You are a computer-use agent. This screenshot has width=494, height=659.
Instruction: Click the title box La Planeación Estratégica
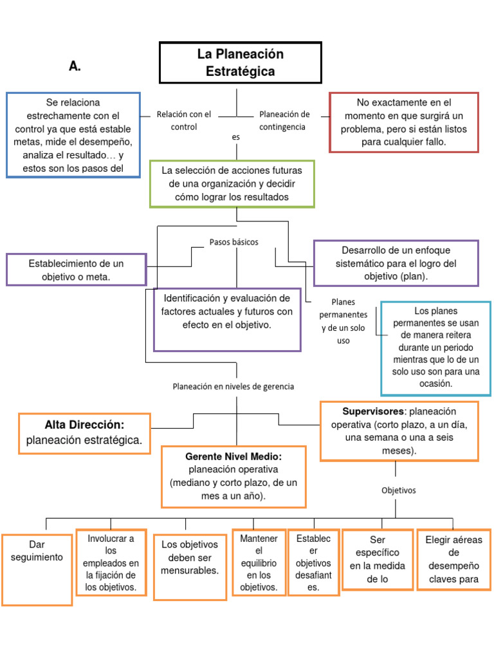(x=240, y=63)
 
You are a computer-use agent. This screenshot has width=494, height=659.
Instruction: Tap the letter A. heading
(x=75, y=67)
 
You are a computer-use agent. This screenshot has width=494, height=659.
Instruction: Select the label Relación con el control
(x=183, y=120)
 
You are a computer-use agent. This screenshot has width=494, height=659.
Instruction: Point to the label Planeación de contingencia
(x=284, y=120)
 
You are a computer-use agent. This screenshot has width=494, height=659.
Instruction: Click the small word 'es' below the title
(x=235, y=137)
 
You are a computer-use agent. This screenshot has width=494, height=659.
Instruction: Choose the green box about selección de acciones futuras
(x=232, y=184)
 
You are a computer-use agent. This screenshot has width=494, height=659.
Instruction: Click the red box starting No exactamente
(x=403, y=122)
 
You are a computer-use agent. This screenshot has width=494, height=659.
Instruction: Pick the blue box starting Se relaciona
(x=73, y=135)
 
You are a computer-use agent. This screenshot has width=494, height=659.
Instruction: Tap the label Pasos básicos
(x=233, y=242)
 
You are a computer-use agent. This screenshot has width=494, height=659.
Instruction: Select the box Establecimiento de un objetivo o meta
(x=76, y=270)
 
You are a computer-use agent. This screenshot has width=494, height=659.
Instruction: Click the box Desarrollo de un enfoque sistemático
(x=396, y=263)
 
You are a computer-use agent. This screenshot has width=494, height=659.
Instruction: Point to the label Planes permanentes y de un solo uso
(x=343, y=320)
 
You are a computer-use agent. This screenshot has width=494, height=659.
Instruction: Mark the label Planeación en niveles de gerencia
(x=233, y=386)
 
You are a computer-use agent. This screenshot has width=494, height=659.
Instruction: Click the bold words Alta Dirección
(x=84, y=425)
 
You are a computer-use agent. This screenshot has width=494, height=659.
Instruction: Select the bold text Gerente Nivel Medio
(x=233, y=456)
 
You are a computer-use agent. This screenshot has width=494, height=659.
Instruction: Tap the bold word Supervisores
(x=373, y=411)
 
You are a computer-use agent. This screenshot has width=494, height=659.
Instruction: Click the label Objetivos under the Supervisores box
(x=399, y=490)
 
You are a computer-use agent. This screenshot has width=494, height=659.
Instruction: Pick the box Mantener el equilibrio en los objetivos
(x=259, y=562)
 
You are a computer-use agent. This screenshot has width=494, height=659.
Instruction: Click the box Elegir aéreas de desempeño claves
(x=453, y=559)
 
